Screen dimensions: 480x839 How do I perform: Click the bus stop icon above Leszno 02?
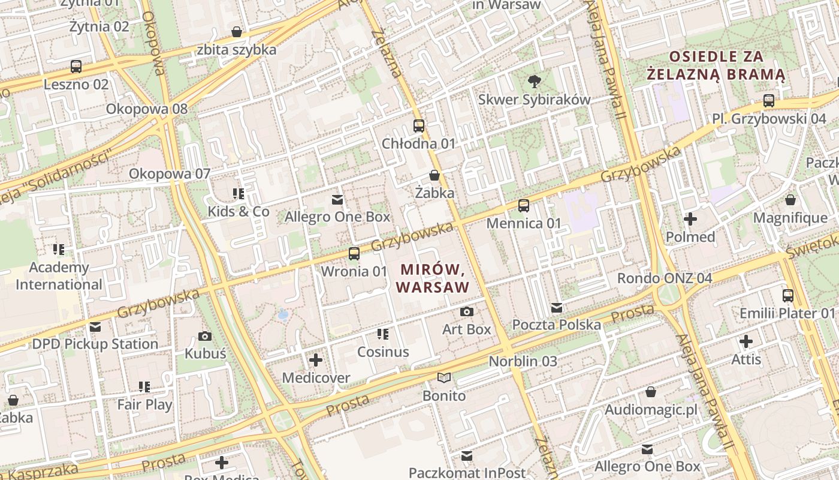pyautogui.click(x=76, y=67)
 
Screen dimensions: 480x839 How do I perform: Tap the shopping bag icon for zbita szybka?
pyautogui.click(x=237, y=32)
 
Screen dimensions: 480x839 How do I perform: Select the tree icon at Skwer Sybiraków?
pyautogui.click(x=534, y=82)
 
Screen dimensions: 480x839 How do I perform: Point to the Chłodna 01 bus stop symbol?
pyautogui.click(x=419, y=126)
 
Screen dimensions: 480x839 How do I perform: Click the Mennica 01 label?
pyautogui.click(x=524, y=223)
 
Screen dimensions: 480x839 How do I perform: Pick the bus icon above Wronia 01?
pyautogui.click(x=354, y=254)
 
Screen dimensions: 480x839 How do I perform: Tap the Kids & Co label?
pyautogui.click(x=239, y=211)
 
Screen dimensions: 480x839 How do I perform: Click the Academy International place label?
pyautogui.click(x=59, y=276)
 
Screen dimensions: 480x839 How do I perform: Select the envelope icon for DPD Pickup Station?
pyautogui.click(x=95, y=327)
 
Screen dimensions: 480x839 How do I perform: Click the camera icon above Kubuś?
pyautogui.click(x=205, y=336)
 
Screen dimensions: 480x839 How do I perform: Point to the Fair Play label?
pyautogui.click(x=144, y=404)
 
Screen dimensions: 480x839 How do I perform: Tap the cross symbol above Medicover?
pyautogui.click(x=316, y=360)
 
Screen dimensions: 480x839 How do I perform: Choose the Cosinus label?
pyautogui.click(x=383, y=352)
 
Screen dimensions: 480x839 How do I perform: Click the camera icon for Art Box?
pyautogui.click(x=467, y=311)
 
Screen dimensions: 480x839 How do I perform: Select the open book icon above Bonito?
pyautogui.click(x=444, y=378)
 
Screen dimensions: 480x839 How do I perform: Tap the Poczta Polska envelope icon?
pyautogui.click(x=557, y=308)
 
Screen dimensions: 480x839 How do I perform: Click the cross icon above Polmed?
pyautogui.click(x=690, y=219)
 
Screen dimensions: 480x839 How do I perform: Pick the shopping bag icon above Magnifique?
pyautogui.click(x=790, y=200)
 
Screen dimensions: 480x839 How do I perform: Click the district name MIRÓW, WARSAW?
pyautogui.click(x=433, y=278)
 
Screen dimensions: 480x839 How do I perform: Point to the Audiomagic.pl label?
pyautogui.click(x=651, y=410)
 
